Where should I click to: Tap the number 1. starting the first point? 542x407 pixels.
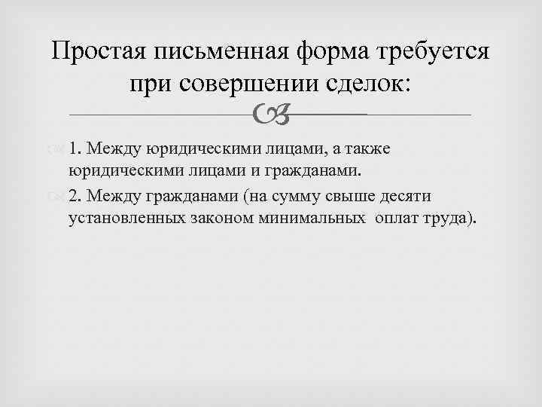click(x=75, y=148)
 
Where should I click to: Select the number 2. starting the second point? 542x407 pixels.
click(x=75, y=197)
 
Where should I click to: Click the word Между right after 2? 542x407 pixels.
click(x=110, y=197)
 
